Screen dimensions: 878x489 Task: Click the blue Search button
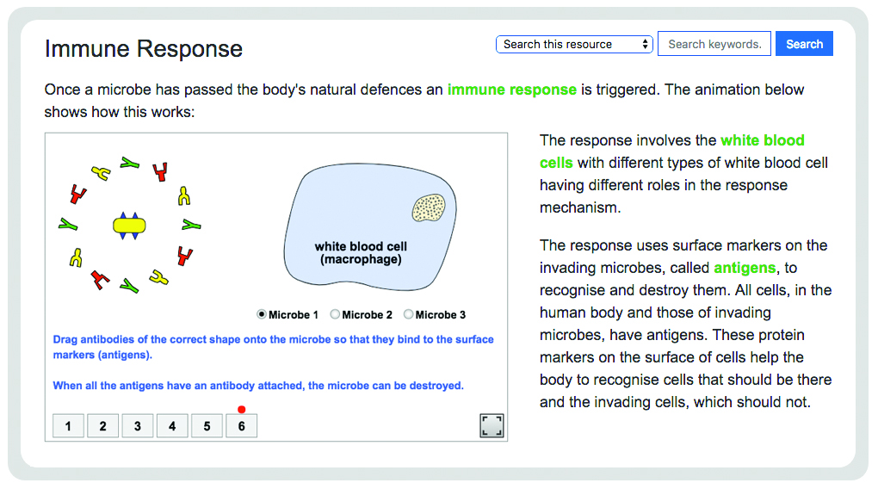804,44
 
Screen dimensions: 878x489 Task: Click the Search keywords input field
714,44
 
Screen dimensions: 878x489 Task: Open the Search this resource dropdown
574,44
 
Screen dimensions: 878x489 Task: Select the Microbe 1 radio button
262,314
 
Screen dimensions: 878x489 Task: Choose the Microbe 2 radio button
335,314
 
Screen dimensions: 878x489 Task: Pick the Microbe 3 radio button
408,314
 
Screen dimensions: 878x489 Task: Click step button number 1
68,425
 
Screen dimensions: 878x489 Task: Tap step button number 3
138,425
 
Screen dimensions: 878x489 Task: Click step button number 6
241,425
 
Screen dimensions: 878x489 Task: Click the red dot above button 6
241,410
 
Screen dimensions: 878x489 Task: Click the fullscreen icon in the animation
492,425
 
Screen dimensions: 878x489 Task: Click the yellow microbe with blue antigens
129,226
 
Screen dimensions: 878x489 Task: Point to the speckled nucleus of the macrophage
429,207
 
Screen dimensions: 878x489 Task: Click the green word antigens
745,268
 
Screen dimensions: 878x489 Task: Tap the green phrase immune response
512,90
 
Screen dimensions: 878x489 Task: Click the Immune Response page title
144,49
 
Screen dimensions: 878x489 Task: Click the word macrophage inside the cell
362,259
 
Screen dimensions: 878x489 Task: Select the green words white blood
762,140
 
